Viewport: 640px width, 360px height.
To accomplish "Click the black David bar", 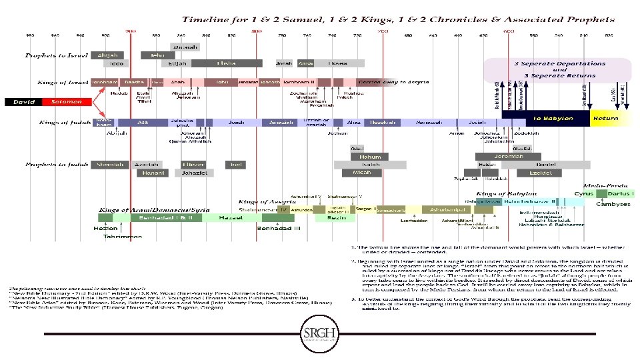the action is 22,102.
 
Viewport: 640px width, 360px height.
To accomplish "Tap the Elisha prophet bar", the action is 226,63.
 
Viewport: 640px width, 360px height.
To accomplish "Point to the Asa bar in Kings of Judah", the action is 141,123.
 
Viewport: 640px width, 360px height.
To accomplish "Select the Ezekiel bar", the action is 540,173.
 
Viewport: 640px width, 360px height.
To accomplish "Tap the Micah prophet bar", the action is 366,173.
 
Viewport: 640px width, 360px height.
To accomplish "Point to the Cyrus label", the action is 584,194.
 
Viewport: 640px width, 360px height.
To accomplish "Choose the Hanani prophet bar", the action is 151,173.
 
